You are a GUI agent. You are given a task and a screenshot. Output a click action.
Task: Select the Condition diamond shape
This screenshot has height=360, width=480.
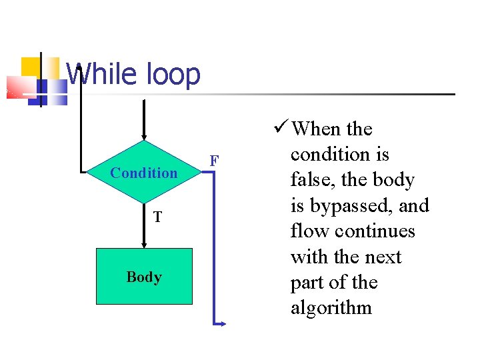tap(144, 173)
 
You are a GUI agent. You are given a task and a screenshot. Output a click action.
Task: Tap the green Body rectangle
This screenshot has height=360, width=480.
tap(144, 277)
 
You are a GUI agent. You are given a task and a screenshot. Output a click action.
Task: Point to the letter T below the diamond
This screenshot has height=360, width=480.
tap(157, 217)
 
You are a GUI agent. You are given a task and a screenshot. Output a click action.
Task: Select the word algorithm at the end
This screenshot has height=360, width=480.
tap(331, 308)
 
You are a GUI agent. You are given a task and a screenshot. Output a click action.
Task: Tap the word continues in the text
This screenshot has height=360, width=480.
tap(375, 231)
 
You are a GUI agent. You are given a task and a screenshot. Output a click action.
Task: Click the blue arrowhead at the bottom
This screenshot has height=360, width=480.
tap(222, 324)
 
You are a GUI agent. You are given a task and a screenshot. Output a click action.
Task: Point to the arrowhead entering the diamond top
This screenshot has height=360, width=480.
tap(144, 136)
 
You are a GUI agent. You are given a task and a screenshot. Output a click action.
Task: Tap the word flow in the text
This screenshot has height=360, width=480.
tap(310, 231)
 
